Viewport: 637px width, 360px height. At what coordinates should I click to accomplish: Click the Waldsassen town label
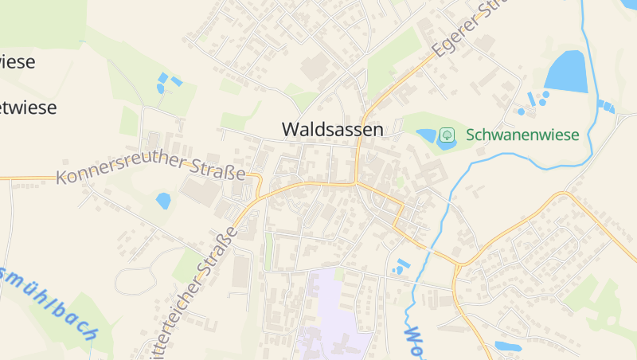332,129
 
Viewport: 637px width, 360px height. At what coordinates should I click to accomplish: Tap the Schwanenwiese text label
522,135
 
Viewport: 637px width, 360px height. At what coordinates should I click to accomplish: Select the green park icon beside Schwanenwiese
447,135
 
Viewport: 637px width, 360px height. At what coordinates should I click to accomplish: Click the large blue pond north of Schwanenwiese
565,71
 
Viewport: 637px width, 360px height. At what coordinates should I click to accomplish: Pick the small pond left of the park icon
426,135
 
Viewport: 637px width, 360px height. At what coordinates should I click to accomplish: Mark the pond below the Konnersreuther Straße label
163,201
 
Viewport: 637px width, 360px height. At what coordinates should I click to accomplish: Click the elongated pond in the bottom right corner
507,346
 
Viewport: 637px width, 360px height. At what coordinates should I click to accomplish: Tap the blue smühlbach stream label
48,299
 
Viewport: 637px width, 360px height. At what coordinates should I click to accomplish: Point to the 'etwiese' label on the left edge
29,108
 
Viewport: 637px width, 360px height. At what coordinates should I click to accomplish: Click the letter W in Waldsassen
291,129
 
